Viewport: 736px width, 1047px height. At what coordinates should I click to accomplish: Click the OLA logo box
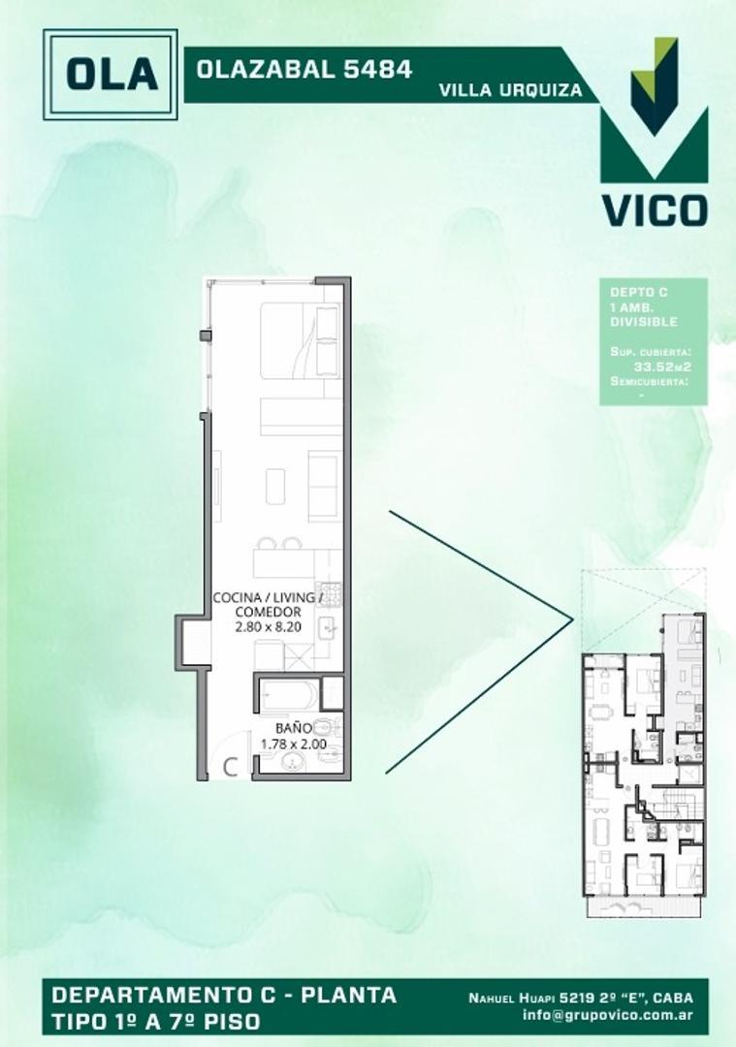coord(112,74)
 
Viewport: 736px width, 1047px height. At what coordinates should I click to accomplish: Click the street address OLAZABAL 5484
coord(304,69)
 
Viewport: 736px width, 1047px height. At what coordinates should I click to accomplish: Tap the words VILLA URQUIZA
coord(511,90)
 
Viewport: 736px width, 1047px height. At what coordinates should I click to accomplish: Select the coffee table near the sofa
coord(275,485)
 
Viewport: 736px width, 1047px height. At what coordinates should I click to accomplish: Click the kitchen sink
coord(328,629)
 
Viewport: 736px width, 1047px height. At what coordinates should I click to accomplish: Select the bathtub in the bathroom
coord(288,696)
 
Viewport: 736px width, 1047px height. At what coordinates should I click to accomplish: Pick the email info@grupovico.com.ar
coord(613,1015)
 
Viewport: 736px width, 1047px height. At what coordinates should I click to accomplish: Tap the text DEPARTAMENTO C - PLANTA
coord(224,995)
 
